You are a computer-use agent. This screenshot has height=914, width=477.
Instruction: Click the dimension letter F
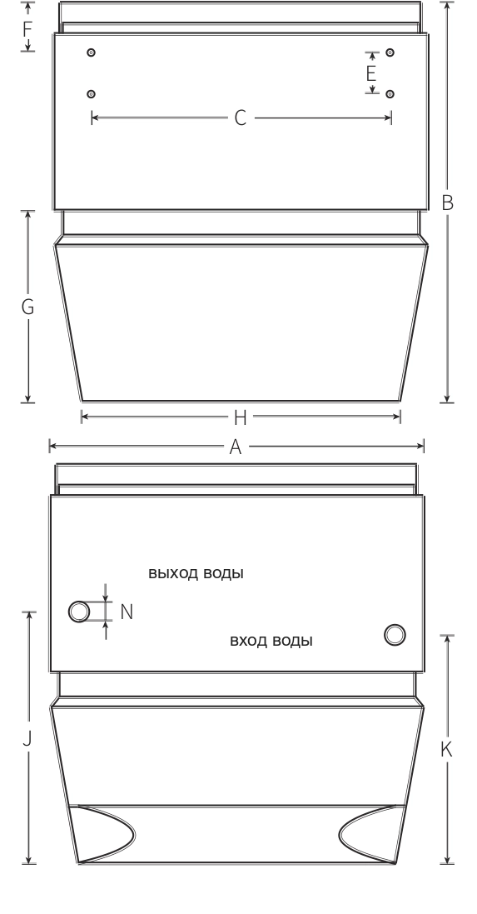coord(27,28)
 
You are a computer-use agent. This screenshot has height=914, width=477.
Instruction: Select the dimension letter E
coord(371,74)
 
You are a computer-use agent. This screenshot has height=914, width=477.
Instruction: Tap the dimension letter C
coord(241,117)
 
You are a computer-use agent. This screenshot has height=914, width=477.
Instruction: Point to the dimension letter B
coord(447,202)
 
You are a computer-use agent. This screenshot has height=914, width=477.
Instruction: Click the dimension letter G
coord(27,307)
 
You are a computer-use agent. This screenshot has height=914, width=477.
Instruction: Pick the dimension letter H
coord(240,417)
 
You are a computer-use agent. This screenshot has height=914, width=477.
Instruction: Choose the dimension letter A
coord(236,447)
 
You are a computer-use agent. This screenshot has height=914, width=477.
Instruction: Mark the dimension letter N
coord(127,612)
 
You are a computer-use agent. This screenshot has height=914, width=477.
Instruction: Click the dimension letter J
coord(27,739)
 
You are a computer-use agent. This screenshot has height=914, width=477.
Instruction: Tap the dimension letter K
coord(446,750)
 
